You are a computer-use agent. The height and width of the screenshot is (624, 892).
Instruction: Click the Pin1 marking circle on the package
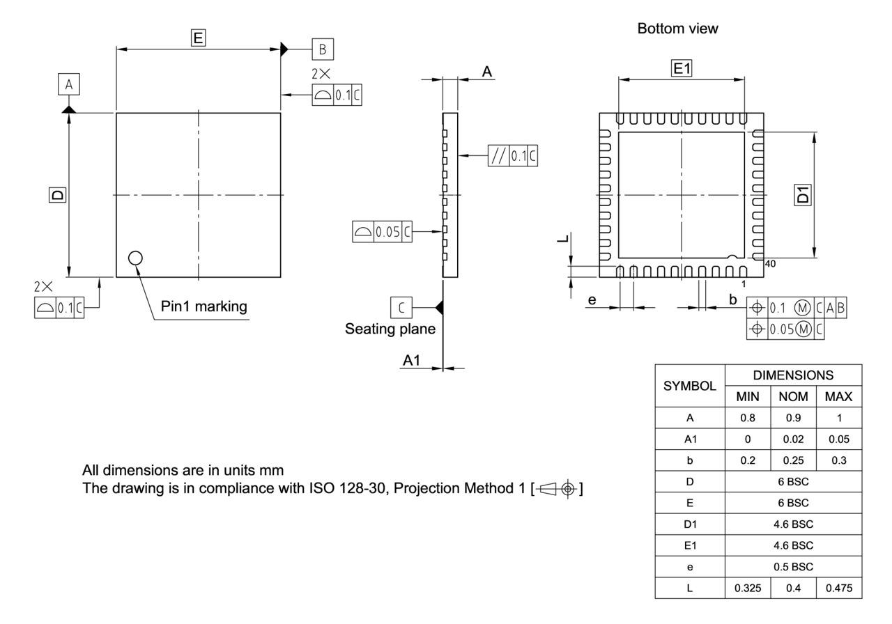(x=135, y=258)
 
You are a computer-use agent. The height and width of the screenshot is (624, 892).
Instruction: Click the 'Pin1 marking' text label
(x=203, y=306)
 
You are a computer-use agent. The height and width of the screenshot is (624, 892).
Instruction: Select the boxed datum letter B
(x=323, y=49)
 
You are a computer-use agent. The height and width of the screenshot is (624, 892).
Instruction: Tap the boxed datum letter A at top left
(x=68, y=85)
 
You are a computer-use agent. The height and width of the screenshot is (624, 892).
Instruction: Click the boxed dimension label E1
(x=681, y=68)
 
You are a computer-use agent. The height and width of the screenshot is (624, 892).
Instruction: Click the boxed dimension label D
(x=56, y=195)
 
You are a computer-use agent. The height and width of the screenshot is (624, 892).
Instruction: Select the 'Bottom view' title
(x=677, y=29)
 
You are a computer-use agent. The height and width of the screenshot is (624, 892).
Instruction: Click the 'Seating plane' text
(x=390, y=329)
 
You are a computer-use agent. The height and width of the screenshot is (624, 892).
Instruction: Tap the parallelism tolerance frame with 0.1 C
(x=512, y=155)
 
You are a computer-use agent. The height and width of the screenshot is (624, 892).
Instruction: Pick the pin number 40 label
(x=770, y=264)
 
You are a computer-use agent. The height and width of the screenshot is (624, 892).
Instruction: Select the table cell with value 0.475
(x=838, y=588)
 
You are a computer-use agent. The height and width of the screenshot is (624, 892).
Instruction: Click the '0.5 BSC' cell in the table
(x=794, y=567)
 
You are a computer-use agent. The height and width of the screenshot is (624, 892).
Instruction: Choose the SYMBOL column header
(x=691, y=385)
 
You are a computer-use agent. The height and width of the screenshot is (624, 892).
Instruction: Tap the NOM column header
(x=793, y=396)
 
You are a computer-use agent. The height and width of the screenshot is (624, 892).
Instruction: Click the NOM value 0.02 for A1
(x=793, y=439)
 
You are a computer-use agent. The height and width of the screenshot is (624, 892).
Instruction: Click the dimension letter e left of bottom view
(x=592, y=299)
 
